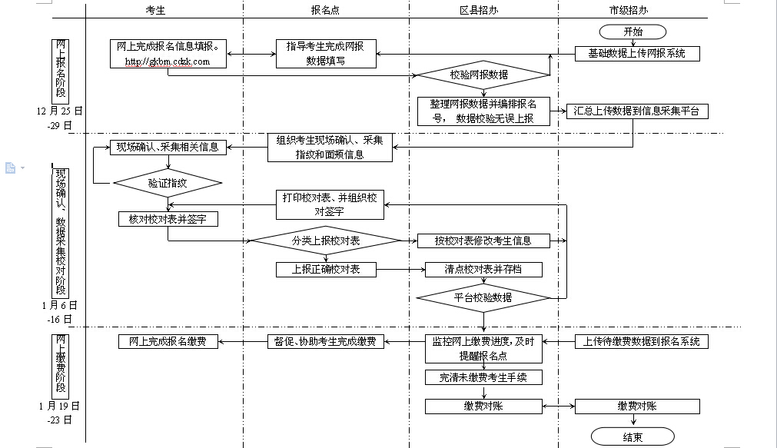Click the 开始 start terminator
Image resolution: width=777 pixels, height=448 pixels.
[x=633, y=32]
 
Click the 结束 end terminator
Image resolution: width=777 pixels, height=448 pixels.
[x=633, y=436]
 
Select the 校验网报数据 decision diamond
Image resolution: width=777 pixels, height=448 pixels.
[x=483, y=75]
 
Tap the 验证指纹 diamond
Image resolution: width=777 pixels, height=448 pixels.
[x=168, y=184]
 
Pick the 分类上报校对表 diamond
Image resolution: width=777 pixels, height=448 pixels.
[x=326, y=241]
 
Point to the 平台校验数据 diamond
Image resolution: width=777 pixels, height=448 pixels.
[x=483, y=297]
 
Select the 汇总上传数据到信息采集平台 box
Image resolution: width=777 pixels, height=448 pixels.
[x=637, y=111]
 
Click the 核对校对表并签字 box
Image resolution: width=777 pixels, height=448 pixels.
[x=168, y=220]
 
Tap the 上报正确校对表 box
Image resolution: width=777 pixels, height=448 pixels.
[x=326, y=270]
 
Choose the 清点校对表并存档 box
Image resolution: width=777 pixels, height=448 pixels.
[x=483, y=270]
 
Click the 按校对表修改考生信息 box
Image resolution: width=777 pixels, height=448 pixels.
[x=483, y=241]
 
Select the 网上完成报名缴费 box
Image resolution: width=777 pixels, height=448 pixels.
[x=168, y=342]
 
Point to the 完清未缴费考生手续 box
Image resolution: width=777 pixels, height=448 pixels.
[x=483, y=377]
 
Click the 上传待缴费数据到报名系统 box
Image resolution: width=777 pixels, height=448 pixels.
[x=642, y=342]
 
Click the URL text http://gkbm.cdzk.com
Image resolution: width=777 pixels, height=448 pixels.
[x=166, y=61]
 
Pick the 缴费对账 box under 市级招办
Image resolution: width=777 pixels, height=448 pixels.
[x=636, y=406]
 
